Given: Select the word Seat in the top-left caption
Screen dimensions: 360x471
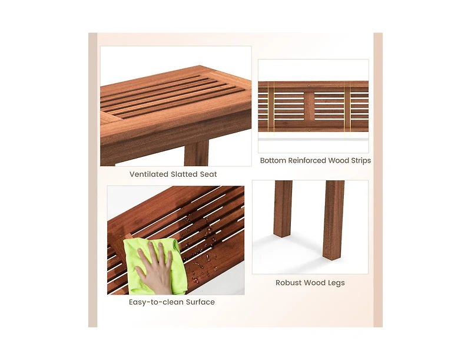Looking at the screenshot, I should (208, 174).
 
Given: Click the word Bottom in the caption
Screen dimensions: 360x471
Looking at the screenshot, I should (274, 160).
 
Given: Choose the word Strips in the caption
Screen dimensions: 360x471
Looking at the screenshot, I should (359, 160).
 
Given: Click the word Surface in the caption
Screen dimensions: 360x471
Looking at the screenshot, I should (198, 302).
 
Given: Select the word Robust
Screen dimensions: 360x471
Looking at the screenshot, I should (290, 283).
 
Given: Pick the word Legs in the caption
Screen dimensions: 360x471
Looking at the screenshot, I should (336, 283).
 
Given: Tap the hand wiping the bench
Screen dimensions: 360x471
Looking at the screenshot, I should (154, 265).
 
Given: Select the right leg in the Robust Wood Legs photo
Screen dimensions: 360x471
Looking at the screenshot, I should (333, 218).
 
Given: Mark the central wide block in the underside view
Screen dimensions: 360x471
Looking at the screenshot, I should (309, 106).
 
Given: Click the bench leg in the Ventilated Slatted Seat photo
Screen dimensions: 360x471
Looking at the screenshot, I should (196, 153).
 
